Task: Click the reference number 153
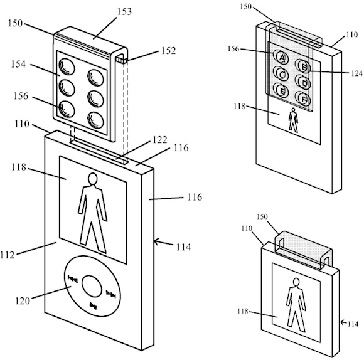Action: pos(124,11)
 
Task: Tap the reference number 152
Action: pos(169,51)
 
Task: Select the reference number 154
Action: pos(18,64)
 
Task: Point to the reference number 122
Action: pos(159,140)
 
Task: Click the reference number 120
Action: pos(23,301)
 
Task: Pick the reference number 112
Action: pos(8,255)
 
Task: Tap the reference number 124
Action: pos(356,73)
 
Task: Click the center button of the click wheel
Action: pos(92,286)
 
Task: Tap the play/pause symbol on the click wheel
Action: pos(94,305)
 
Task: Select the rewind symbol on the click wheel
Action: pos(73,279)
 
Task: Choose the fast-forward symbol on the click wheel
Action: pos(110,294)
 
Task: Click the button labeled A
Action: pos(281,57)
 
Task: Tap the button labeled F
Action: pos(304,99)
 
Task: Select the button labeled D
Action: pos(303,83)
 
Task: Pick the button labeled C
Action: pos(281,74)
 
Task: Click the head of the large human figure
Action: pos(93,179)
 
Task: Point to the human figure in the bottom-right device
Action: pos(296,305)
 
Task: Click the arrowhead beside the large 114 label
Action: pos(156,242)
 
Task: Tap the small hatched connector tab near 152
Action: pos(121,61)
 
